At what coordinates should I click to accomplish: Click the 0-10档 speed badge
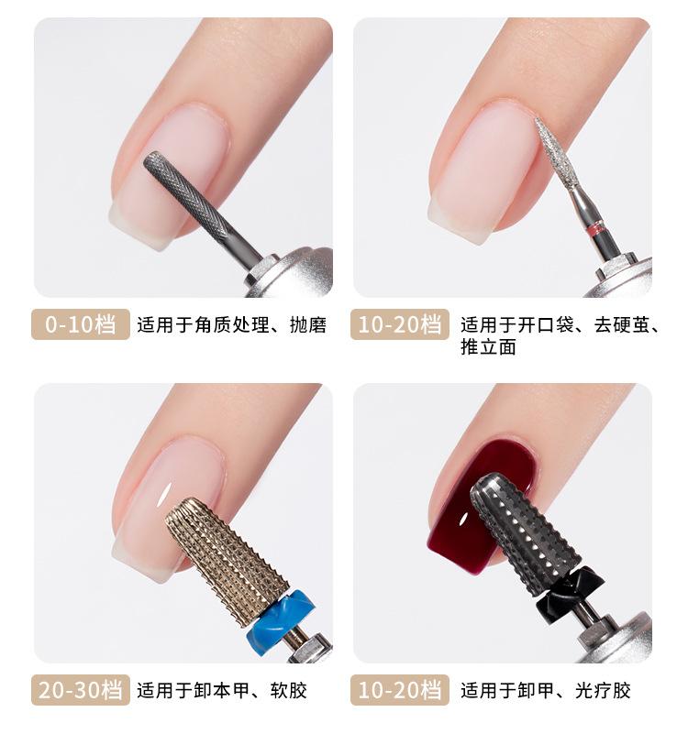(81, 324)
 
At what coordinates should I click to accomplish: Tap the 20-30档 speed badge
(81, 690)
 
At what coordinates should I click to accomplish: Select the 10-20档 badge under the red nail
(400, 690)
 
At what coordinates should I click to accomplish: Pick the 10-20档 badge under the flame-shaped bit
(400, 324)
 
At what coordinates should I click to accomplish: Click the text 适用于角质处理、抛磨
(232, 324)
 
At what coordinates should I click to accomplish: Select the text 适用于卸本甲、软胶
(222, 690)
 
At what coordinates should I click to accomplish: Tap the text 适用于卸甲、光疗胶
(546, 690)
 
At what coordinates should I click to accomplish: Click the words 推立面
(489, 346)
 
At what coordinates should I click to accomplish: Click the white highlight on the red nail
(464, 518)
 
